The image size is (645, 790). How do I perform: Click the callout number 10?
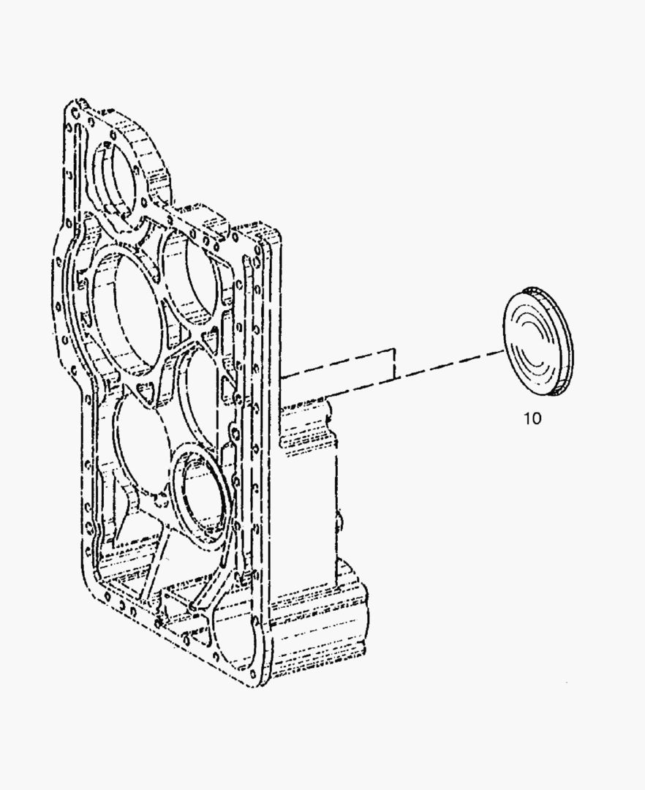pyautogui.click(x=532, y=419)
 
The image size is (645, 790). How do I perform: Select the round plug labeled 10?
pyautogui.click(x=538, y=342)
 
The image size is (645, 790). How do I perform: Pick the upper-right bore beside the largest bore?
pyautogui.click(x=192, y=274)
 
